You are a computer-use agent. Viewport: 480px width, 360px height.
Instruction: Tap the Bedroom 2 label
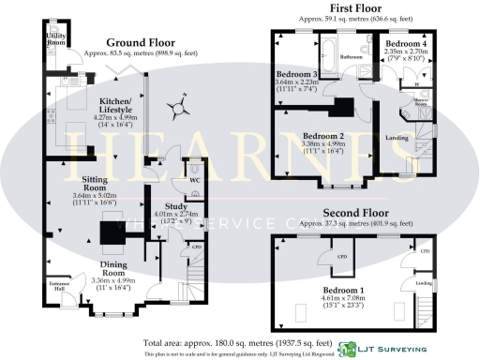(x=322, y=137)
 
